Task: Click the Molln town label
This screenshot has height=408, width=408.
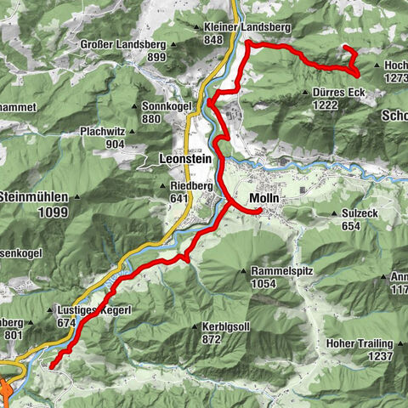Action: tap(264, 199)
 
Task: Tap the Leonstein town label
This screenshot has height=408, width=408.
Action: tap(184, 158)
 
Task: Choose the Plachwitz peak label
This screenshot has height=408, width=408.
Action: tap(105, 132)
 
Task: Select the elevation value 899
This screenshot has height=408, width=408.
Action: tap(156, 57)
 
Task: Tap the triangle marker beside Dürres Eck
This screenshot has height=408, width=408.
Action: tap(305, 92)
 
